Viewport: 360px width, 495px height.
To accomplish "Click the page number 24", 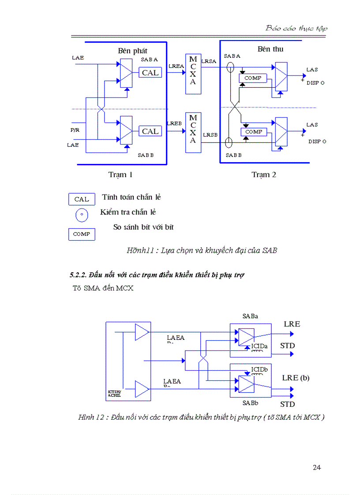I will (316, 468).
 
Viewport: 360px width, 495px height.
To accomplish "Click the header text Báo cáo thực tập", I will (296, 28).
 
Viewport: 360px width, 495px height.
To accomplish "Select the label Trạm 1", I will (120, 175).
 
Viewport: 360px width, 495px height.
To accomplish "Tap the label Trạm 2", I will (264, 175).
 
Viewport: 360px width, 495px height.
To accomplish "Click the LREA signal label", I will (176, 66).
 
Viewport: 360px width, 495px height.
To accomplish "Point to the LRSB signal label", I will (210, 135).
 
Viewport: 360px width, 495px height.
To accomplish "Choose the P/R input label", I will (75, 130).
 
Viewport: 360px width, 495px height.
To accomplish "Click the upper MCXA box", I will (193, 74).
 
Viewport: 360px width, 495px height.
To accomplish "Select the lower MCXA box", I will (193, 132).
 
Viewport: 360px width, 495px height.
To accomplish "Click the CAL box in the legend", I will (82, 199).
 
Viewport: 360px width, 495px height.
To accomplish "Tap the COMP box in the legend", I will (82, 234).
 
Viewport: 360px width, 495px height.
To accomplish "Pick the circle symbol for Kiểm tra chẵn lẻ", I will (82, 215).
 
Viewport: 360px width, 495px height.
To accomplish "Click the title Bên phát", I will (132, 51).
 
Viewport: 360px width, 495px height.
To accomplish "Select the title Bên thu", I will (270, 49).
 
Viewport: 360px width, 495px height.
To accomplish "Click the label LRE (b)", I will (296, 378).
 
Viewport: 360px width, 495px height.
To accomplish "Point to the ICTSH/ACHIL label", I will (114, 394).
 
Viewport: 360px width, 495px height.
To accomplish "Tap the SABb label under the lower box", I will (250, 403).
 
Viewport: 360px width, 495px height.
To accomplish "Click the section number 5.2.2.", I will (78, 275).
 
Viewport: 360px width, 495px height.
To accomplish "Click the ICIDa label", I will (259, 346).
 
